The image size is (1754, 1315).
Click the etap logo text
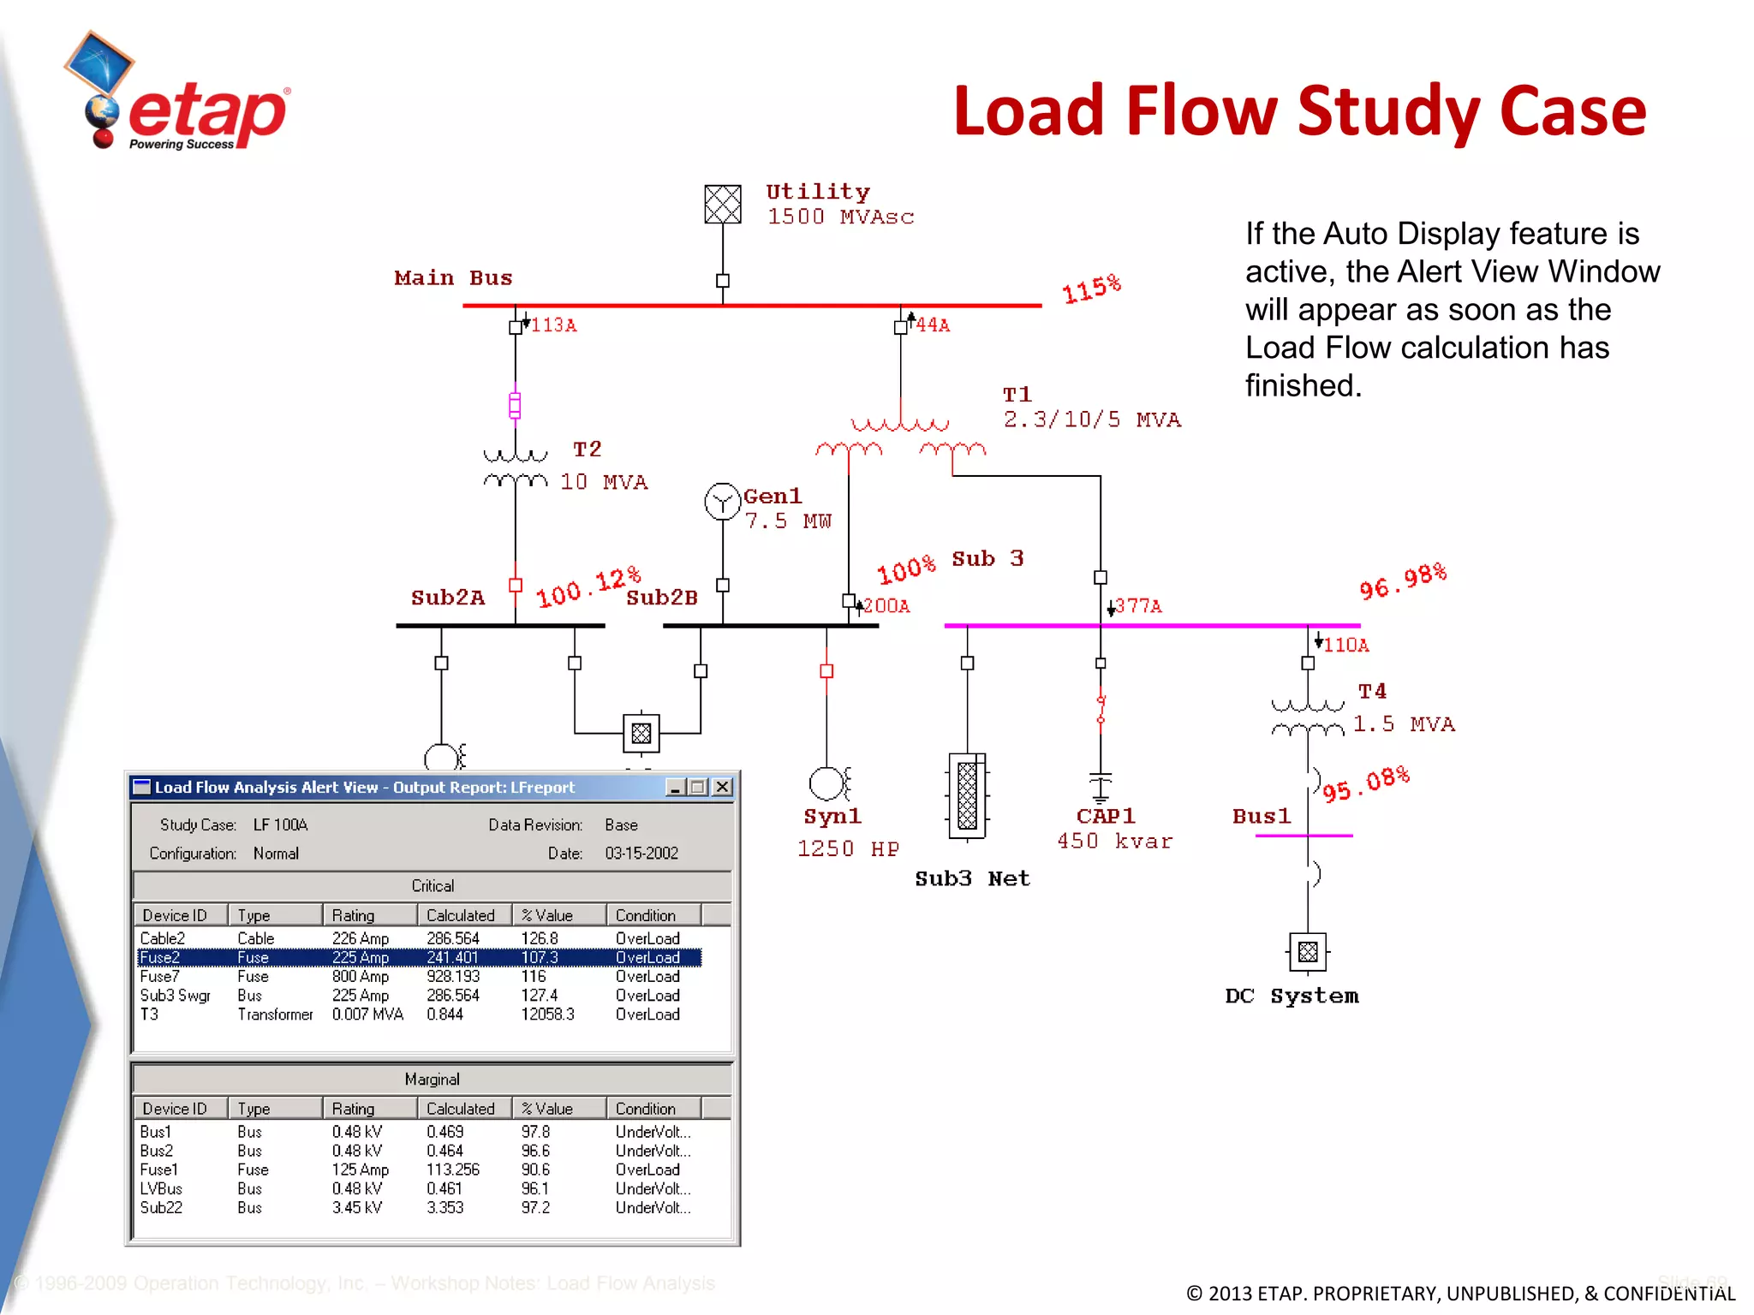coord(208,113)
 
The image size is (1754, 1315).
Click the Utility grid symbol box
coord(722,205)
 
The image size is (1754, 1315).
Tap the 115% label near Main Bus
coord(1091,289)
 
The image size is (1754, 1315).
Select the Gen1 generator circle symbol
coord(722,502)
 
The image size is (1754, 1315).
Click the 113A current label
coord(553,325)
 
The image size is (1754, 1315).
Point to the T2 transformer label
coord(588,449)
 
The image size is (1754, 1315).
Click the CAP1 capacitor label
coord(1106,816)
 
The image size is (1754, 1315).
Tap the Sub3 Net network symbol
coord(967,796)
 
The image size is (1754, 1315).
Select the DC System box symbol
coord(1307,951)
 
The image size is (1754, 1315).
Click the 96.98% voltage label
coord(1402,582)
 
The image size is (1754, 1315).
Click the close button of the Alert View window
coord(722,787)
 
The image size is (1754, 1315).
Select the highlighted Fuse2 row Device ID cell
coord(160,957)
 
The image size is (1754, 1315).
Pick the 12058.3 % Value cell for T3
coord(547,1015)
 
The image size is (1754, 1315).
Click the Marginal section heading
coord(432,1080)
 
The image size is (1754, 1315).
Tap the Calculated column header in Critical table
coord(461,915)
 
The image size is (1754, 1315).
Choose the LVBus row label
coord(161,1188)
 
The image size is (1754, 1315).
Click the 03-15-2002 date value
coord(641,854)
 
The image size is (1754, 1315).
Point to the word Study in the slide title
coord(1388,111)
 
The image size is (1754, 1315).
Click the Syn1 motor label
coord(832,817)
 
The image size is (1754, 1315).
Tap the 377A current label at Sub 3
coord(1138,606)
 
